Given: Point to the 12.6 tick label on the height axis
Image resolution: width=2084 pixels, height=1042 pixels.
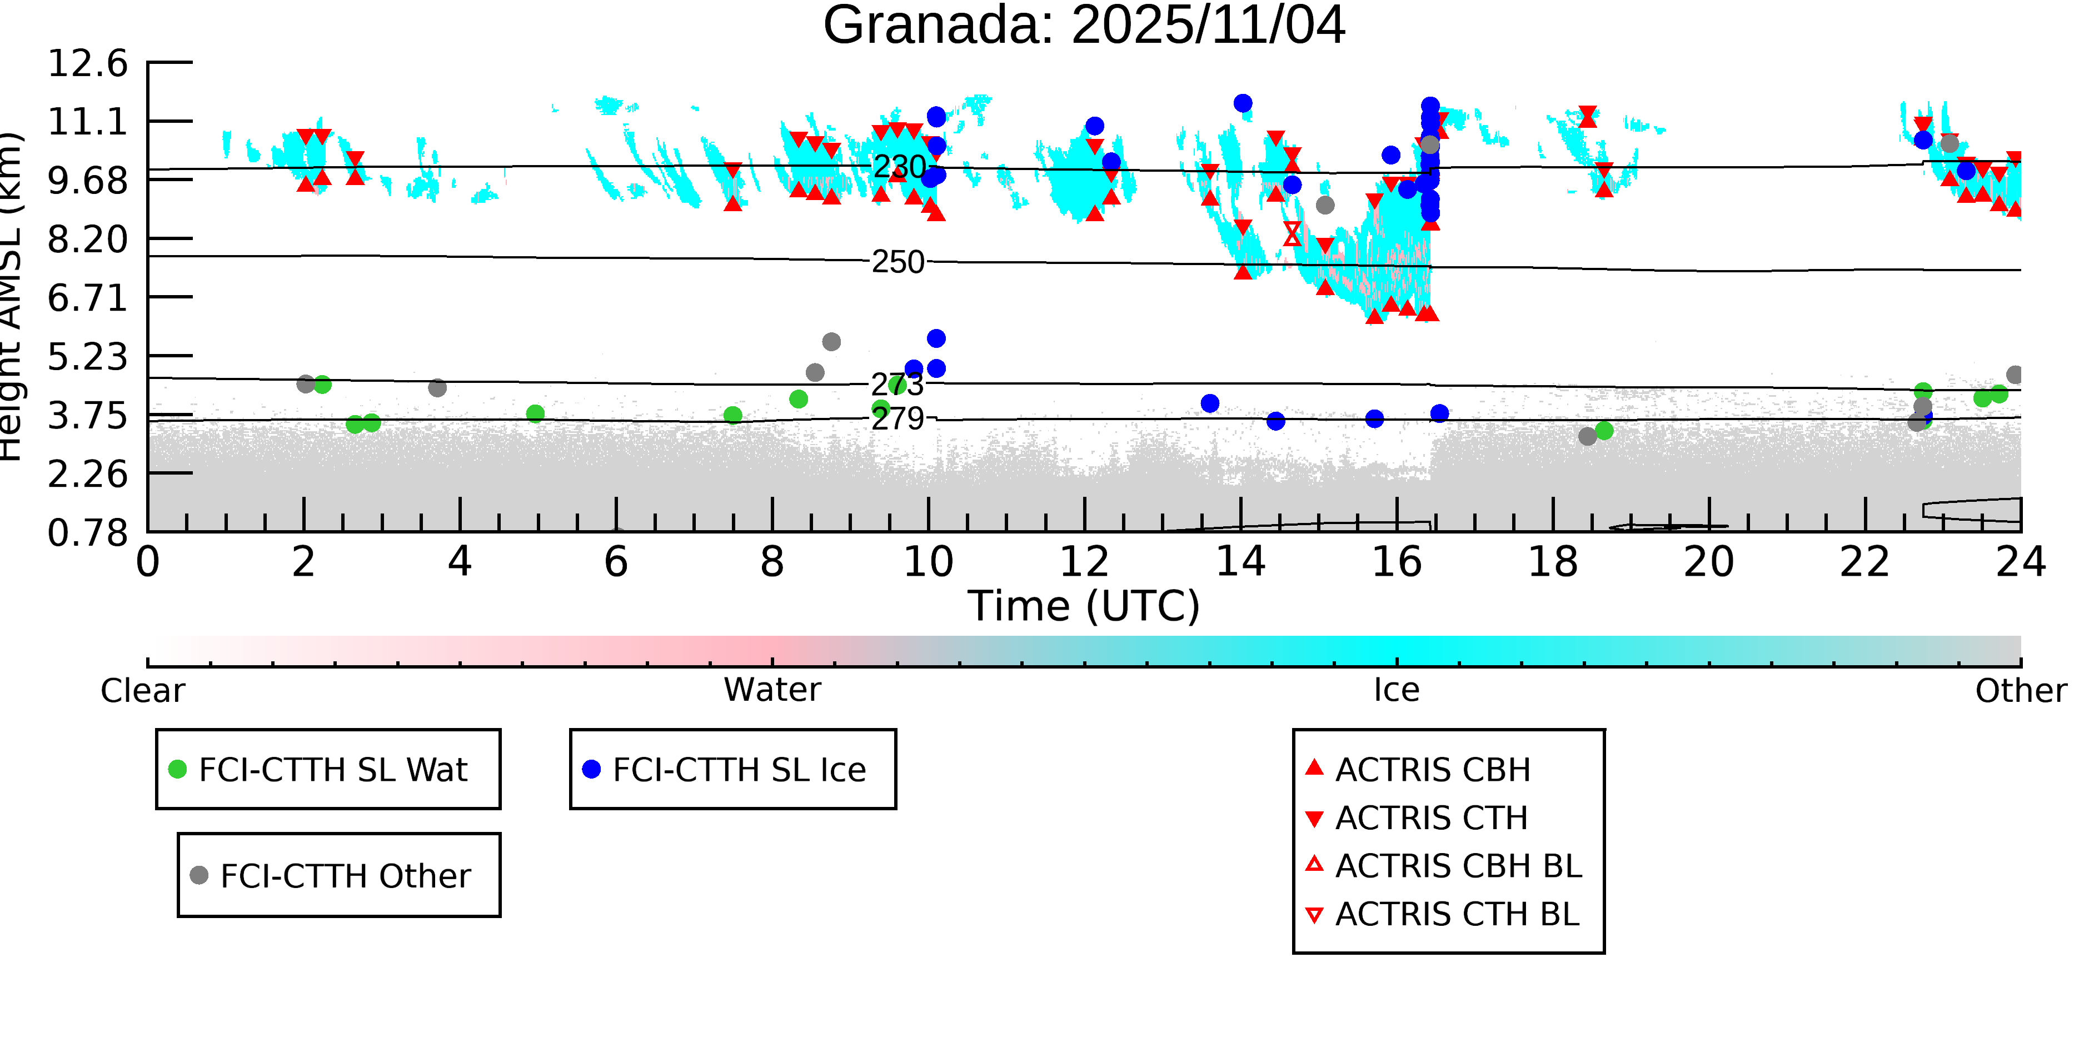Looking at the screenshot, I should [87, 63].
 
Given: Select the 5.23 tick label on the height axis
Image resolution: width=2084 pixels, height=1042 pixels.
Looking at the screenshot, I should [87, 357].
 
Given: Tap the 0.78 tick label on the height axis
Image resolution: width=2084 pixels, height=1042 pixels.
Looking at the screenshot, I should [87, 533].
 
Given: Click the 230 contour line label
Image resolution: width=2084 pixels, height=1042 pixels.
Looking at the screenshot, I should [898, 167].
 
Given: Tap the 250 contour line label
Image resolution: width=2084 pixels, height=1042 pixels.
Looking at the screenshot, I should [898, 262].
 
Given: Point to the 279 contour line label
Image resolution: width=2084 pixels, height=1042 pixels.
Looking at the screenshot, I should [898, 418].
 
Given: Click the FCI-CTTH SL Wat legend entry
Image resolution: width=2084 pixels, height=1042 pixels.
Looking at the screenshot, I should [332, 769].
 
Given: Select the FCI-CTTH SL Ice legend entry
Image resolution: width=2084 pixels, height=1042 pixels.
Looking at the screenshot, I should [739, 769].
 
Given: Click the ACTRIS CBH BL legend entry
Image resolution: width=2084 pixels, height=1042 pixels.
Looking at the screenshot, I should [1458, 866].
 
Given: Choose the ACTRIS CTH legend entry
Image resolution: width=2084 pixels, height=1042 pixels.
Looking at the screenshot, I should [1431, 819].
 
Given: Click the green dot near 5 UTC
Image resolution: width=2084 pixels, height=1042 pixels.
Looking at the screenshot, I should [535, 414].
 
